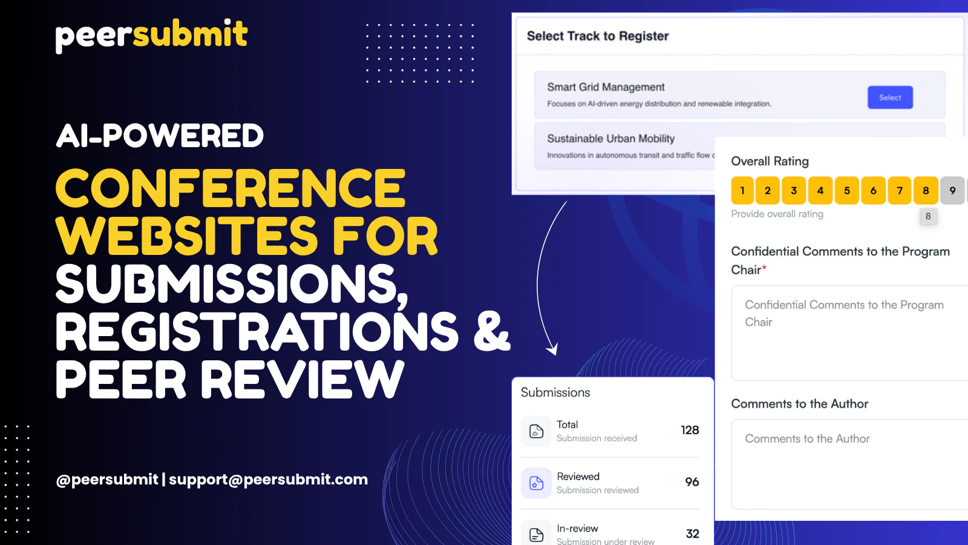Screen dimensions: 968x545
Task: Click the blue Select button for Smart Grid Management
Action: pyautogui.click(x=890, y=97)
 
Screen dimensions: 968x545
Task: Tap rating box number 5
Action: pyautogui.click(x=846, y=190)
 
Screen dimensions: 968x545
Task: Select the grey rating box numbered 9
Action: pyautogui.click(x=952, y=190)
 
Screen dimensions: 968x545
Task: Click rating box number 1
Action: pyautogui.click(x=742, y=190)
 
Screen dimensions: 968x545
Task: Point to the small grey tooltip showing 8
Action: pyautogui.click(x=928, y=216)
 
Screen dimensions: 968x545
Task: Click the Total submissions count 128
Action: pyautogui.click(x=690, y=430)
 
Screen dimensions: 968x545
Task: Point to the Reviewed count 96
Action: pyautogui.click(x=692, y=482)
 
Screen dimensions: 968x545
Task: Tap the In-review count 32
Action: pyautogui.click(x=692, y=533)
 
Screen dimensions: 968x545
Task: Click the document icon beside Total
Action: pyautogui.click(x=536, y=431)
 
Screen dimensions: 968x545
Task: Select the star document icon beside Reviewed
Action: pyautogui.click(x=536, y=483)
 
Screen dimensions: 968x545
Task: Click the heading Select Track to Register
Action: pyautogui.click(x=598, y=36)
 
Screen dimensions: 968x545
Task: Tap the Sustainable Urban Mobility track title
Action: pyautogui.click(x=610, y=139)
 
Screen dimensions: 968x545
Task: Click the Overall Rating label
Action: pyautogui.click(x=770, y=161)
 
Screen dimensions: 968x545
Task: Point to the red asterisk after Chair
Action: pyautogui.click(x=764, y=268)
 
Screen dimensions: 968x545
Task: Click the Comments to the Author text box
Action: pyautogui.click(x=849, y=464)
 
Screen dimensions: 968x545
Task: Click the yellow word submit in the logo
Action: pyautogui.click(x=190, y=33)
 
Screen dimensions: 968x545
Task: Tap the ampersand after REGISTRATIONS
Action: pyautogui.click(x=492, y=331)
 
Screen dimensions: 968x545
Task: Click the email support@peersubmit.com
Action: pyautogui.click(x=269, y=479)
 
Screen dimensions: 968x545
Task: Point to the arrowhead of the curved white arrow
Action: pyautogui.click(x=552, y=349)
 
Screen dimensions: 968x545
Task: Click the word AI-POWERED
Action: pyautogui.click(x=160, y=136)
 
